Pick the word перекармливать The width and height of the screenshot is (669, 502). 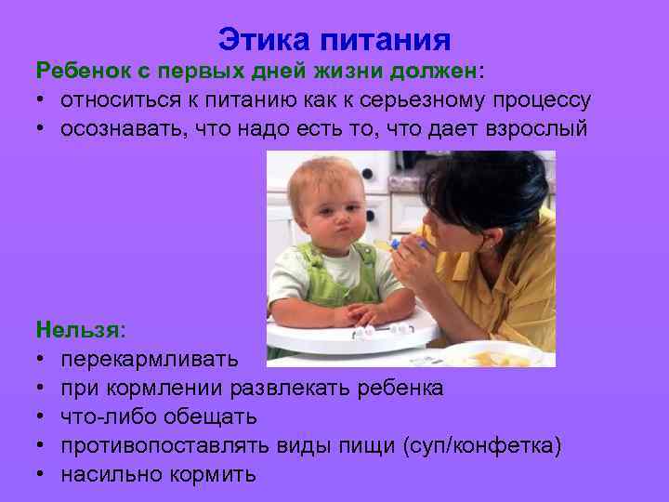150,358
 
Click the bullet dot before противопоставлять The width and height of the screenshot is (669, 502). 42,445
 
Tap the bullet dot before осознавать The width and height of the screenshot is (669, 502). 42,128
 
